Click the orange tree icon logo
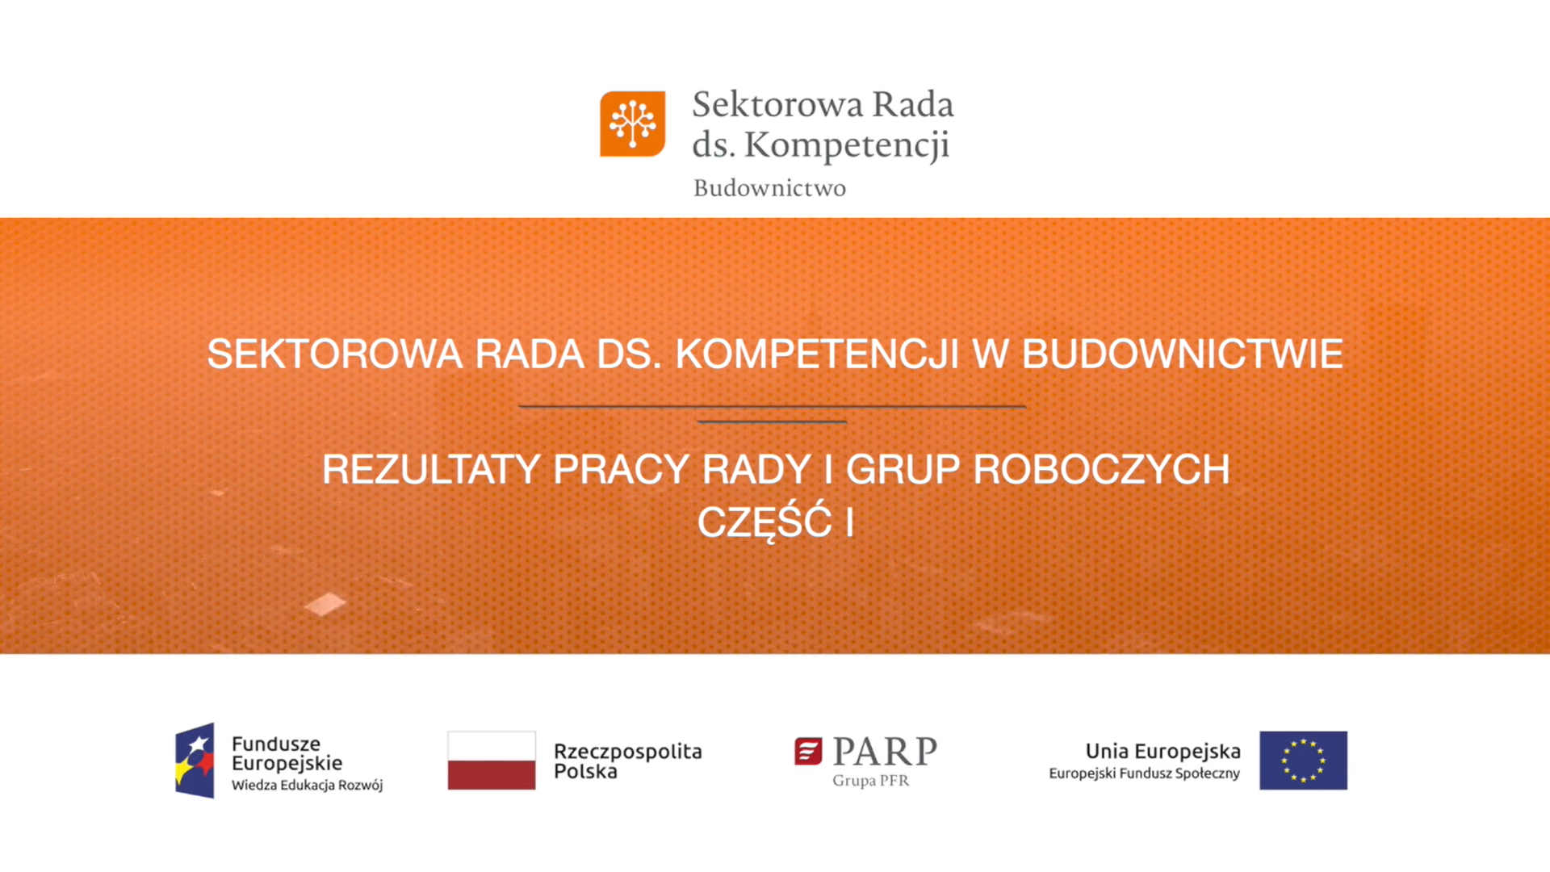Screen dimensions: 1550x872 pyautogui.click(x=632, y=124)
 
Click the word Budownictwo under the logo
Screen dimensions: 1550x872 pyautogui.click(x=769, y=188)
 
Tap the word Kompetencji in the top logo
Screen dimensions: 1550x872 pyautogui.click(x=846, y=145)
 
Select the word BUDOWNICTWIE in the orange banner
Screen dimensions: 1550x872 pyautogui.click(x=1182, y=354)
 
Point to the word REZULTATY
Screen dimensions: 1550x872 pyautogui.click(x=430, y=469)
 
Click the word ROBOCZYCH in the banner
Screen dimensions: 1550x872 pyautogui.click(x=1101, y=469)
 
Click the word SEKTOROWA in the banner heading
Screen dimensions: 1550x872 pyautogui.click(x=334, y=354)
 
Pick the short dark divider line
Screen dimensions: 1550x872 pyautogui.click(x=772, y=421)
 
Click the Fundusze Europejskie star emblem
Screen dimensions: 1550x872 pyautogui.click(x=195, y=761)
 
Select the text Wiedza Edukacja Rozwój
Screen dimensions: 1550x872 pyautogui.click(x=307, y=785)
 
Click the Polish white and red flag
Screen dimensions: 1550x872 pyautogui.click(x=492, y=761)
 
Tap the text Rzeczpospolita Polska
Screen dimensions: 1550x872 pyautogui.click(x=627, y=761)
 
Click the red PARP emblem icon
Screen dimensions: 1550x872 pyautogui.click(x=808, y=751)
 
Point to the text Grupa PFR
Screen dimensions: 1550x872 pyautogui.click(x=870, y=781)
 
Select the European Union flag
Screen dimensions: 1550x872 pyautogui.click(x=1303, y=761)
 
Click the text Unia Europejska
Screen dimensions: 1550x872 pyautogui.click(x=1162, y=751)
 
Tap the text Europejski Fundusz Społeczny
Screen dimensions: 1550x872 pyautogui.click(x=1144, y=773)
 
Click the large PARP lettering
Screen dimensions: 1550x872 pyautogui.click(x=885, y=751)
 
